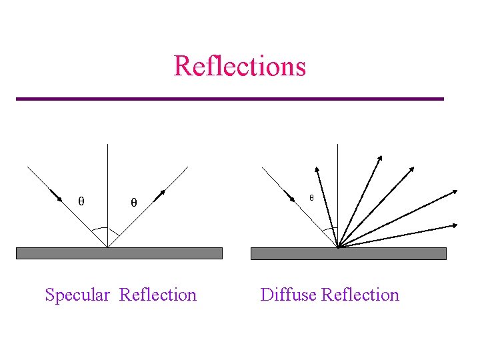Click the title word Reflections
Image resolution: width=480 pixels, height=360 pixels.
point(239,66)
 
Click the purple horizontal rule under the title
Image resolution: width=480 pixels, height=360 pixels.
point(229,99)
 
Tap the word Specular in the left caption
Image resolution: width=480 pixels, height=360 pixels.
point(77,295)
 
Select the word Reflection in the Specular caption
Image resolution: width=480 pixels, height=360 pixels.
point(158,295)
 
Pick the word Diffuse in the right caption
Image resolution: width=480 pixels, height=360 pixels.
point(288,295)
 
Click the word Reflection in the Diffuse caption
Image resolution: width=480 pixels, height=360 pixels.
point(360,295)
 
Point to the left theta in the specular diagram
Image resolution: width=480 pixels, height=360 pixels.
point(81,201)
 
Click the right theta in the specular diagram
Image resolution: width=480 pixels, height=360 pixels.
point(133,202)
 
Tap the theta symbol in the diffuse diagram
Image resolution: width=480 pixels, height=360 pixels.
point(311,198)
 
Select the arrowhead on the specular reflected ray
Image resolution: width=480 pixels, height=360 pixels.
point(160,194)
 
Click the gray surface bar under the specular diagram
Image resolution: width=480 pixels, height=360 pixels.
point(119,253)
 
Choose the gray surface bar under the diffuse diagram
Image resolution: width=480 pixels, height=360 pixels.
point(348,253)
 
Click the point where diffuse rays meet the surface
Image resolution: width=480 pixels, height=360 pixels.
point(339,247)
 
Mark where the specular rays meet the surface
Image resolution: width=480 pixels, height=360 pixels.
point(107,247)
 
